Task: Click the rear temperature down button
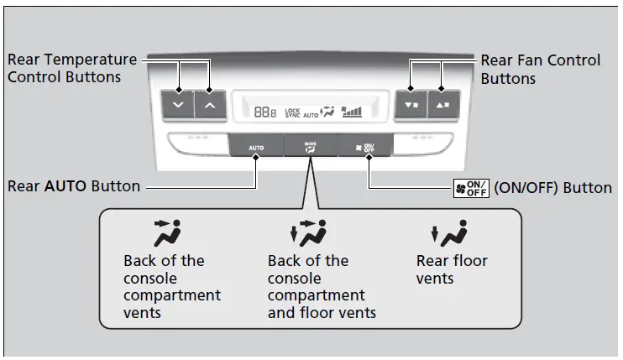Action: pyautogui.click(x=177, y=105)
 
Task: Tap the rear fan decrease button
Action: pyautogui.click(x=410, y=105)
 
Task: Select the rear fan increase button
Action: pyautogui.click(x=442, y=105)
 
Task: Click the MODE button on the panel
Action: pyautogui.click(x=311, y=145)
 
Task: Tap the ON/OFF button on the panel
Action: pyautogui.click(x=367, y=145)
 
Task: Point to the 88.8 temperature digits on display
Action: pyautogui.click(x=265, y=111)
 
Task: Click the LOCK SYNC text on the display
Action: pyautogui.click(x=292, y=111)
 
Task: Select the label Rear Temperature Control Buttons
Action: pyautogui.click(x=71, y=68)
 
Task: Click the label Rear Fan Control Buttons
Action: pyautogui.click(x=540, y=68)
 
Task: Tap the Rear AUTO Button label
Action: pyautogui.click(x=74, y=186)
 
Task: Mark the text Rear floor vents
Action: pyautogui.click(x=452, y=269)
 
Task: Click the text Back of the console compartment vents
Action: pyautogui.click(x=171, y=287)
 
